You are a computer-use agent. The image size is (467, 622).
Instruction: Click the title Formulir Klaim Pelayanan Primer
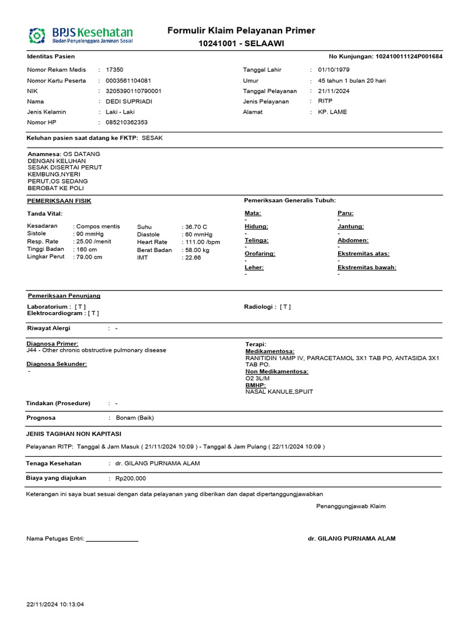click(241, 31)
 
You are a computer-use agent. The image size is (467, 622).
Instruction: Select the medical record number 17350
click(114, 70)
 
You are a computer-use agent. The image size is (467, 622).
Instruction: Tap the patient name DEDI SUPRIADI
click(129, 101)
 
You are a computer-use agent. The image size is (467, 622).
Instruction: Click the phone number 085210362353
click(126, 122)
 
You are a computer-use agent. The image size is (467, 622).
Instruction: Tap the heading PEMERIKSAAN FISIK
click(59, 200)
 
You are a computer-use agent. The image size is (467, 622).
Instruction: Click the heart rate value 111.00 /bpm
click(201, 242)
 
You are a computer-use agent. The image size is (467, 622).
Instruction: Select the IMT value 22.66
click(192, 258)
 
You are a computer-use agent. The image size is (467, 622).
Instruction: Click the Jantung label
click(350, 227)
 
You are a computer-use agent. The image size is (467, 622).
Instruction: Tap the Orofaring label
click(259, 254)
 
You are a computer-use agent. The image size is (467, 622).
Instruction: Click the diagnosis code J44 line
click(96, 350)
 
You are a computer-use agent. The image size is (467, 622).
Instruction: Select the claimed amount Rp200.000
click(131, 478)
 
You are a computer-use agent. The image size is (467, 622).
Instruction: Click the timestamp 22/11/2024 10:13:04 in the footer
click(55, 604)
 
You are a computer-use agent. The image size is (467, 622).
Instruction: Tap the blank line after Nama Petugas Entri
click(112, 539)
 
